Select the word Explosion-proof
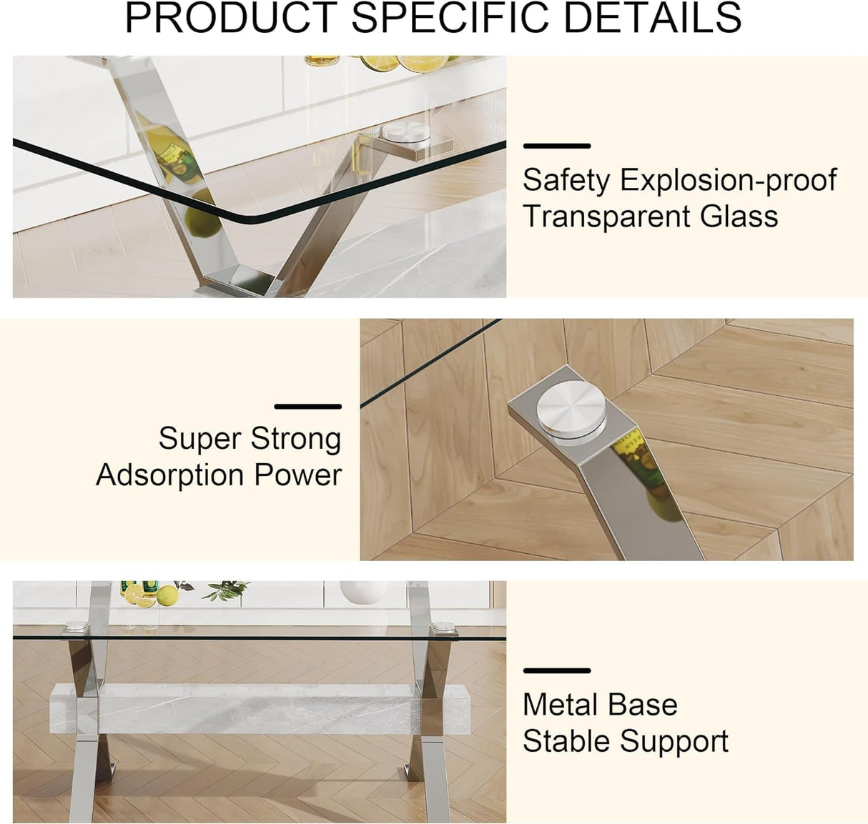click(x=728, y=180)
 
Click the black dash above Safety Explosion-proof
click(x=556, y=146)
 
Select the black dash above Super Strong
click(x=307, y=407)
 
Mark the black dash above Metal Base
click(x=556, y=671)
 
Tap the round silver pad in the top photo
click(x=403, y=133)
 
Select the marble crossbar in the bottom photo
click(x=250, y=708)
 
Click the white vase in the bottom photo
click(x=363, y=592)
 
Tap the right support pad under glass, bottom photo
click(x=445, y=627)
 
